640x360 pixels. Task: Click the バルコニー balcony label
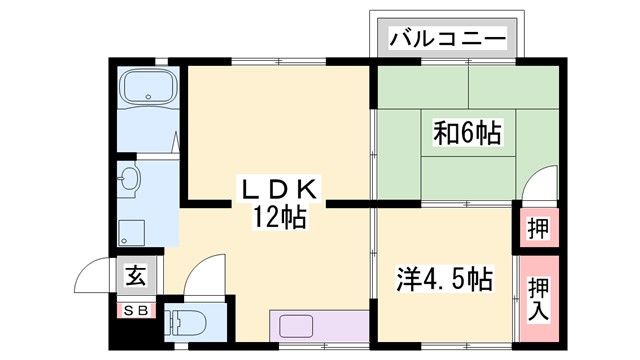coord(447,41)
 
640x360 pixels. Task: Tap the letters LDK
coord(277,188)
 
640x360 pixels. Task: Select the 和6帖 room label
coord(467,132)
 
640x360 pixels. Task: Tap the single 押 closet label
coord(536,227)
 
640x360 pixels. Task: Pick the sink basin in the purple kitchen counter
coord(299,326)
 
